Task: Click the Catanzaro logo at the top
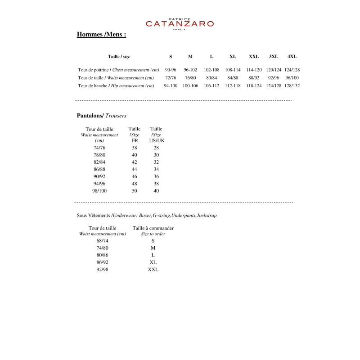pos(180,23)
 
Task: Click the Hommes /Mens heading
pos(101,35)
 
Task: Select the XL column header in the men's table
pos(233,57)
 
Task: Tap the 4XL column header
pos(292,57)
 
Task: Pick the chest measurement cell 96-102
pos(190,70)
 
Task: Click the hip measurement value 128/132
pos(292,85)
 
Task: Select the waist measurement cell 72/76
pos(171,78)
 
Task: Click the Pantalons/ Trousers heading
pos(102,116)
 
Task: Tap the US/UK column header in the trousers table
pos(157,140)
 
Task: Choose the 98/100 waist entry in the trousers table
pos(99,191)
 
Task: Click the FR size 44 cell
pos(134,169)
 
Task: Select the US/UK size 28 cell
pos(156,148)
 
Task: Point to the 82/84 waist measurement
pos(99,162)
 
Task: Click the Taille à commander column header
pos(153,228)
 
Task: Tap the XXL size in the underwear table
pos(153,270)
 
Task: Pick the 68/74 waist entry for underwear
pos(102,241)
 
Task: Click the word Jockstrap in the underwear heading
pos(207,216)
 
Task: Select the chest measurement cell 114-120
pos(254,70)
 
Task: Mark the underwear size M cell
pos(153,248)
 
